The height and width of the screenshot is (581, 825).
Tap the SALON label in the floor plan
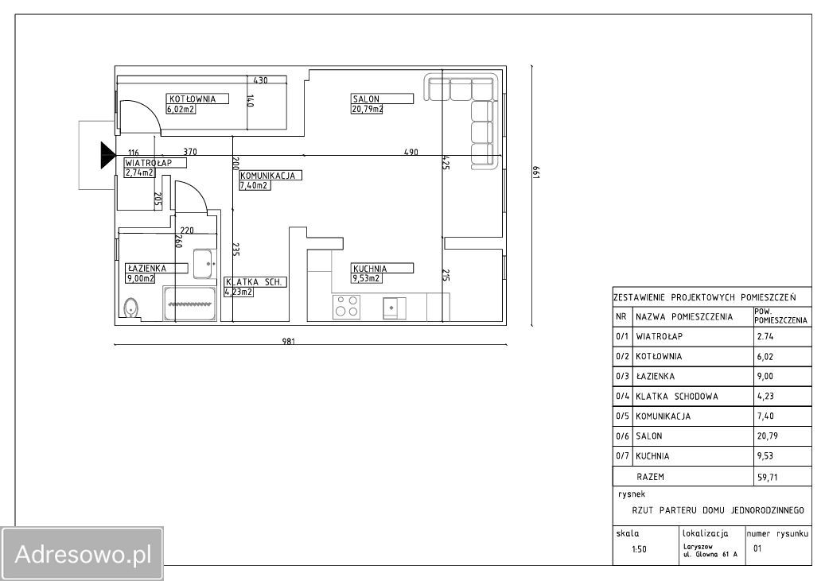[366, 99]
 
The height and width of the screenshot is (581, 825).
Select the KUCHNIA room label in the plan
[370, 268]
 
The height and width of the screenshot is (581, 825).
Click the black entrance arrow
[108, 155]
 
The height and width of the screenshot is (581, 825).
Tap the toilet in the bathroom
[130, 308]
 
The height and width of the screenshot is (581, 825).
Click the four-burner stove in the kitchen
[347, 307]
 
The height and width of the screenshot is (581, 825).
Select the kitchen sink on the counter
[395, 308]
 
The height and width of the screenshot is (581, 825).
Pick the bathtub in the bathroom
[189, 304]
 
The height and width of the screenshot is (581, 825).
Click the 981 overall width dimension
[288, 341]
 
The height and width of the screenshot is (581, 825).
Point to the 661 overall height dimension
[536, 172]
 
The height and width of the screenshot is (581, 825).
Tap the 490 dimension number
[411, 153]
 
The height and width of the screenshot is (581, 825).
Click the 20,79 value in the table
[767, 436]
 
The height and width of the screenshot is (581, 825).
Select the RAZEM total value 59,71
[767, 478]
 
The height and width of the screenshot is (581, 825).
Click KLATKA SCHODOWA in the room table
[676, 397]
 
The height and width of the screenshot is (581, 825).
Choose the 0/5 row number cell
[622, 416]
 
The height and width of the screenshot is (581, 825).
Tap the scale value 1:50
[639, 549]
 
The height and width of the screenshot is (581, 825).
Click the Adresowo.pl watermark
[83, 554]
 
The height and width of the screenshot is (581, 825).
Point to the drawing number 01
[757, 548]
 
